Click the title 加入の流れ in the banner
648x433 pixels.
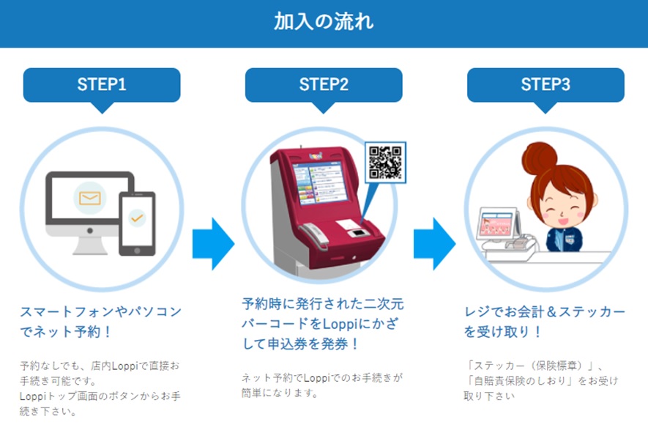[x=324, y=21]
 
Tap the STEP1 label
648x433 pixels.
[x=102, y=84]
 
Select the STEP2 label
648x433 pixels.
[x=324, y=84]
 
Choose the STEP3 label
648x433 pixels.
[x=545, y=84]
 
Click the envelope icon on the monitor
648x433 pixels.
[x=90, y=198]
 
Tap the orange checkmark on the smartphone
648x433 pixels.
[x=137, y=218]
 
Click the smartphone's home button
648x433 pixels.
[x=137, y=251]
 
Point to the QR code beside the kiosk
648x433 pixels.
[x=385, y=163]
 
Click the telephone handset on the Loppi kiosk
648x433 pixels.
[x=314, y=235]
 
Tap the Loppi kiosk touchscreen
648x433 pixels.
[x=319, y=182]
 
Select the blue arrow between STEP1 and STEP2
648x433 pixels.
[x=213, y=244]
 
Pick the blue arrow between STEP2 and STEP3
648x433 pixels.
[x=434, y=244]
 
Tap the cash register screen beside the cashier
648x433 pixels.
[x=497, y=223]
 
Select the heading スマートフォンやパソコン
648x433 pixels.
[x=101, y=311]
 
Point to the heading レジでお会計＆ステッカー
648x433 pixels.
[x=545, y=311]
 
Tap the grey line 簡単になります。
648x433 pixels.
[x=280, y=393]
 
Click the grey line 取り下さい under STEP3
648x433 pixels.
[x=489, y=396]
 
